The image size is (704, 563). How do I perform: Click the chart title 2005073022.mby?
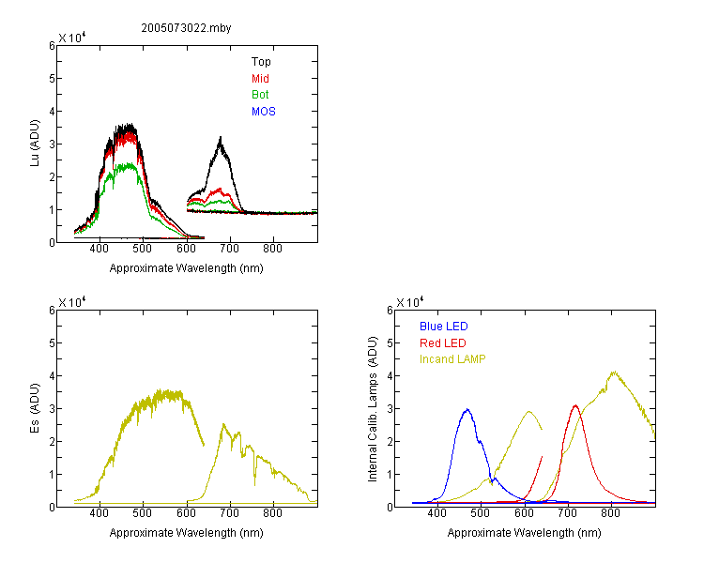coord(186,28)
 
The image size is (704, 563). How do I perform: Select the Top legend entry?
coord(261,62)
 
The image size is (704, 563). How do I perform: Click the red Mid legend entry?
coord(260,79)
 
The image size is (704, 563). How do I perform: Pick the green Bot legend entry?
coord(260,95)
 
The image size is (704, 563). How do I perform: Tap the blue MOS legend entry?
coord(264,112)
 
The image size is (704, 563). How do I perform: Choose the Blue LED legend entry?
coord(444,327)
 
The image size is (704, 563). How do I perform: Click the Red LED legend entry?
coord(443,343)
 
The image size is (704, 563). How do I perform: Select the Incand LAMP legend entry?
coord(452,359)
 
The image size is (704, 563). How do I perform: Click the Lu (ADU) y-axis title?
coord(35,144)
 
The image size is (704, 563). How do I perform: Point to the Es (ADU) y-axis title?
coord(35,408)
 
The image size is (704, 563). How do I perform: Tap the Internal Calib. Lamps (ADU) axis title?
coord(373,409)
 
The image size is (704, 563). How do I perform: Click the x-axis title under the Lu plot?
coord(187,268)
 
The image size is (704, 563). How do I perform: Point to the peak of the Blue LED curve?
coord(467,409)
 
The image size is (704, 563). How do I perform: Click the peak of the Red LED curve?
coord(575,406)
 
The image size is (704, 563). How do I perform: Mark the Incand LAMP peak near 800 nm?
coord(614,373)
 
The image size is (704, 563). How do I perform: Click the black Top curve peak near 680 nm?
coord(221,138)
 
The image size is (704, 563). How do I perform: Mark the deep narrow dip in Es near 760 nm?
coord(255,484)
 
